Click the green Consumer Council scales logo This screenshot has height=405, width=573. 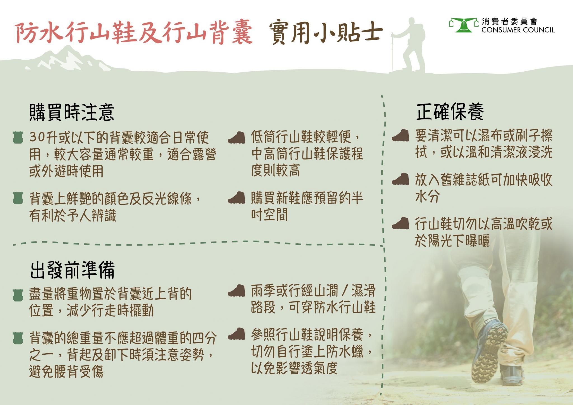(464, 25)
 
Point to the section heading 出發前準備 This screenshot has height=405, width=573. (72, 270)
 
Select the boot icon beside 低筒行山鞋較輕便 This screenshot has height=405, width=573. (236, 138)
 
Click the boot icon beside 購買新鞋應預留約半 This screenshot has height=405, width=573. (236, 198)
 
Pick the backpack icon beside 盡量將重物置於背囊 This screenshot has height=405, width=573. (18, 295)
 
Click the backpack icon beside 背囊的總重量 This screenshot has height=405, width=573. (18, 338)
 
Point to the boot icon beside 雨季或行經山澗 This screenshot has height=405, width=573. (236, 291)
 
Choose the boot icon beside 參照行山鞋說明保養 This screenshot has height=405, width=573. (236, 334)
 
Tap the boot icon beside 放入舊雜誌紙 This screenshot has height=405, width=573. (400, 179)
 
